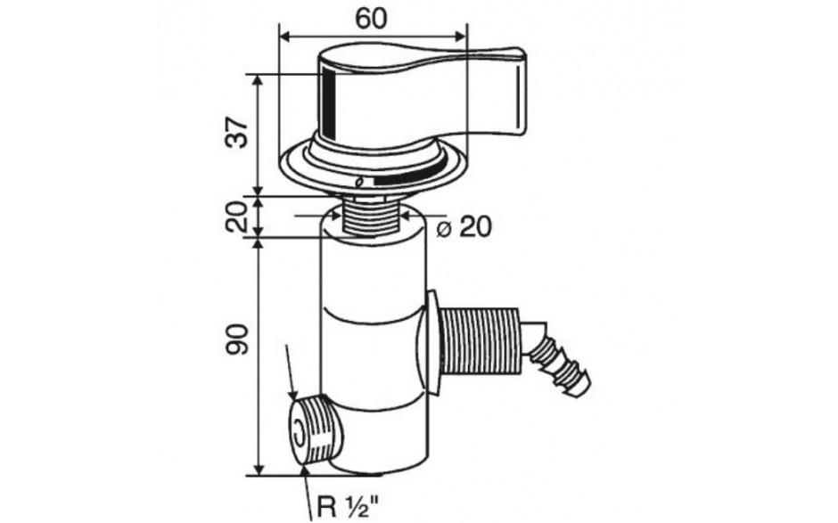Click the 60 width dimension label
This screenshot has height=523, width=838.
371,20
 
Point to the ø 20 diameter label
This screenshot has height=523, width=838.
464,227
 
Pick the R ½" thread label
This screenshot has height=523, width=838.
348,505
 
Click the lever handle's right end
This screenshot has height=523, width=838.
522,92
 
